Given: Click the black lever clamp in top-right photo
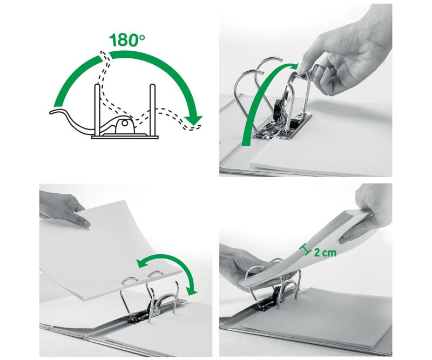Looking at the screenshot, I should (x=279, y=111).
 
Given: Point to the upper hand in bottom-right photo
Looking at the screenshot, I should (x=373, y=208).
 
